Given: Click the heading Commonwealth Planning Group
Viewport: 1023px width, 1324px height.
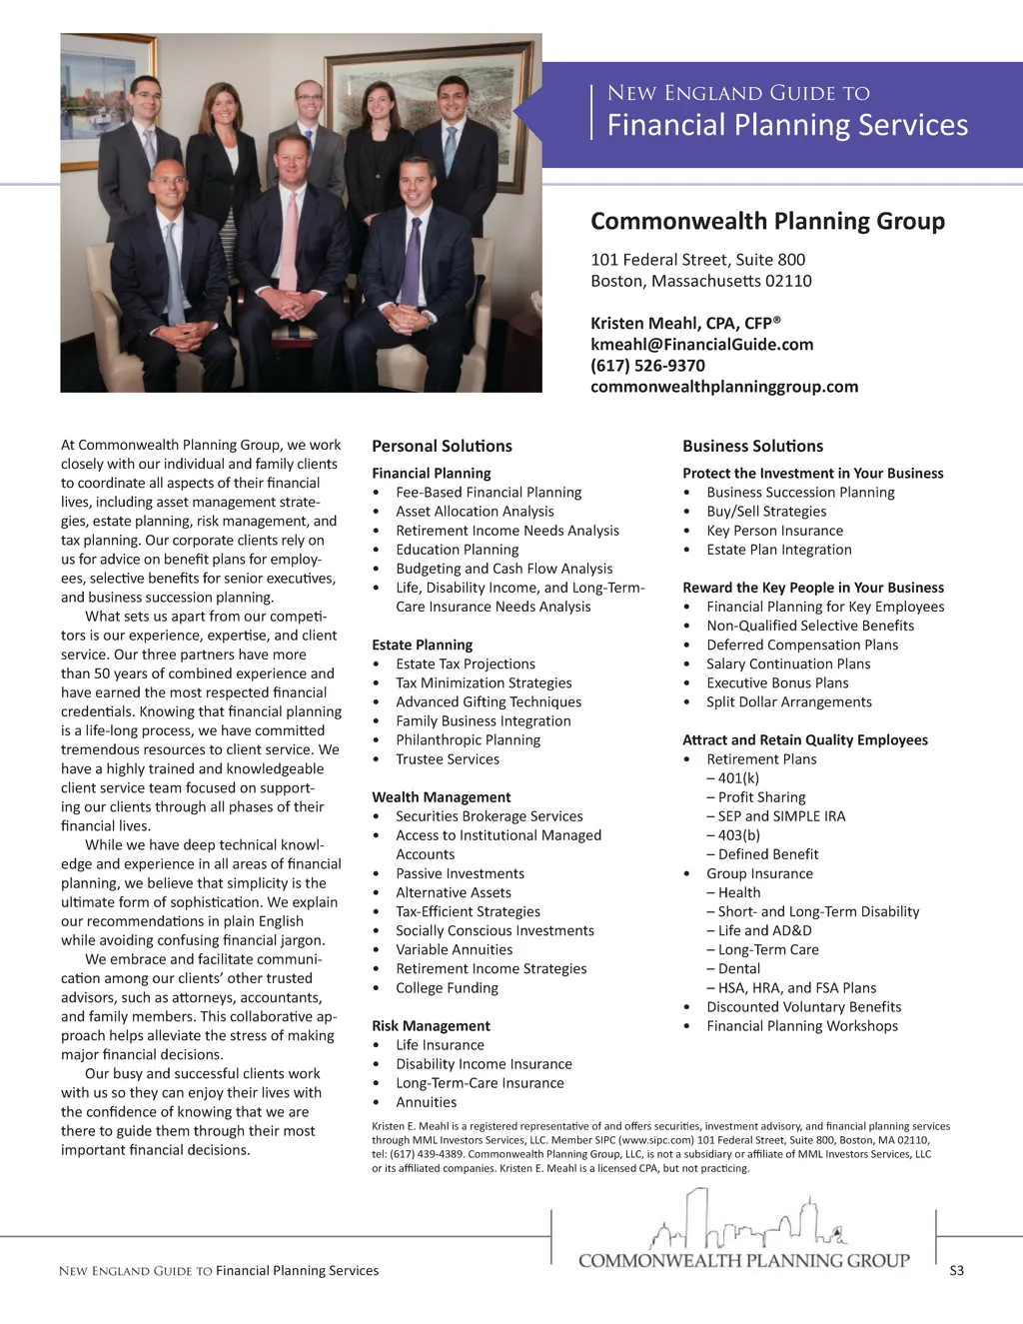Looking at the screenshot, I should point(767,222).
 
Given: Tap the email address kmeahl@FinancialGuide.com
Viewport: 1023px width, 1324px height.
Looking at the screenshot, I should point(701,345).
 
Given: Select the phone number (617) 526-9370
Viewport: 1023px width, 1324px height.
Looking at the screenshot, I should point(647,366).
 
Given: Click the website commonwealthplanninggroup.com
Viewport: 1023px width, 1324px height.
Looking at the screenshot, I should point(723,387).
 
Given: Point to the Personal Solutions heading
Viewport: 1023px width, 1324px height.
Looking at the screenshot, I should point(442,447).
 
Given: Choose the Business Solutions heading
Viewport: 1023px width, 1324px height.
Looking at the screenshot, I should point(752,447).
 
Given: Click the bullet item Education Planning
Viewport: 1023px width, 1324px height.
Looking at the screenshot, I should point(457,550).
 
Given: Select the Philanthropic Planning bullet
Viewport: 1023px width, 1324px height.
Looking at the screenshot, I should point(468,740).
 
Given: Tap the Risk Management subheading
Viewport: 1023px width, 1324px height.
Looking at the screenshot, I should point(431,1026).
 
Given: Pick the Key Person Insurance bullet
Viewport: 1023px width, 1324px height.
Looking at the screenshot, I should point(774,531).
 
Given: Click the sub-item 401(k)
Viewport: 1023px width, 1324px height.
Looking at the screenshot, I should point(738,778).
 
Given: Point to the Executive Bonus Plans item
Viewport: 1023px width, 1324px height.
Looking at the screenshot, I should point(777,683).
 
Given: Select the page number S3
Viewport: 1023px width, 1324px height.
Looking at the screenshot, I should point(956,1271).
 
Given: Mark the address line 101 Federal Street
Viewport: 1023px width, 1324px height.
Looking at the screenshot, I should point(697,260).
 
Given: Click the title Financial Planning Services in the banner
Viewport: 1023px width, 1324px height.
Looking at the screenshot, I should point(787,125).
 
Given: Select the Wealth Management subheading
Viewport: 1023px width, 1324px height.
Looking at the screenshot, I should point(441,797).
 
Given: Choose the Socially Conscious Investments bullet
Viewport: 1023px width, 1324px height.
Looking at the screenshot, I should point(495,931).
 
